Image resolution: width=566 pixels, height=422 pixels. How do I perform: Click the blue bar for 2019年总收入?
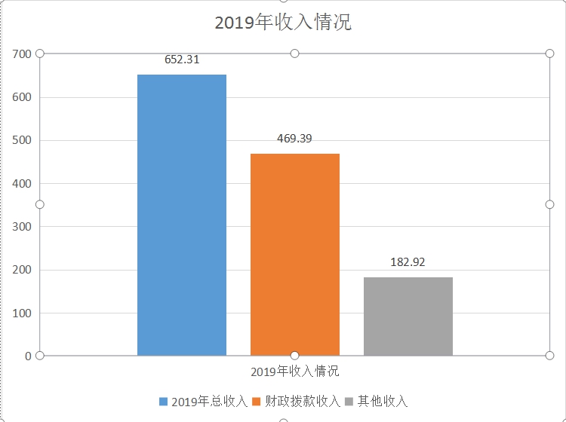(x=181, y=215)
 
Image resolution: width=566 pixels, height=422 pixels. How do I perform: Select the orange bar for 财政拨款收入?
(x=294, y=254)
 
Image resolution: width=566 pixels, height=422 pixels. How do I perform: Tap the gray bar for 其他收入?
(x=408, y=316)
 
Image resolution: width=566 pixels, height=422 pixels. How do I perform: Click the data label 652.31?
(x=182, y=60)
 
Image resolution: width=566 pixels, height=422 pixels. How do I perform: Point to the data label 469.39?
(x=294, y=139)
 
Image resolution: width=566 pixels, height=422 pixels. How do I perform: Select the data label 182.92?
(x=408, y=262)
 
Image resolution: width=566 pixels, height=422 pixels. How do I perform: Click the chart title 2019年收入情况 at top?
(x=283, y=22)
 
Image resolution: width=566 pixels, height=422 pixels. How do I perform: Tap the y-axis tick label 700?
(x=22, y=54)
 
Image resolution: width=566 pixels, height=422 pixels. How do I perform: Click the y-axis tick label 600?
(x=22, y=97)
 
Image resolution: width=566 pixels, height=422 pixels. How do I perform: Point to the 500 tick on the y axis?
(x=22, y=140)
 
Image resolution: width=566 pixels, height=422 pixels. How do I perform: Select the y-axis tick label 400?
(x=22, y=183)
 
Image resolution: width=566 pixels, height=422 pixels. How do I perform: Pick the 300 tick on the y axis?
(x=22, y=226)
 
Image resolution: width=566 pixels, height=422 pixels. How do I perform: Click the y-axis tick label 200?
(x=22, y=270)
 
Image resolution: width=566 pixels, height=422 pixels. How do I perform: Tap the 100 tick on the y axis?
(x=22, y=313)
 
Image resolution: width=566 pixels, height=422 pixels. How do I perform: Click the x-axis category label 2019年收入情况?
(x=294, y=372)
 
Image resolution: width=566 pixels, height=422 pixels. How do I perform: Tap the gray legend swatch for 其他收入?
(x=349, y=401)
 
